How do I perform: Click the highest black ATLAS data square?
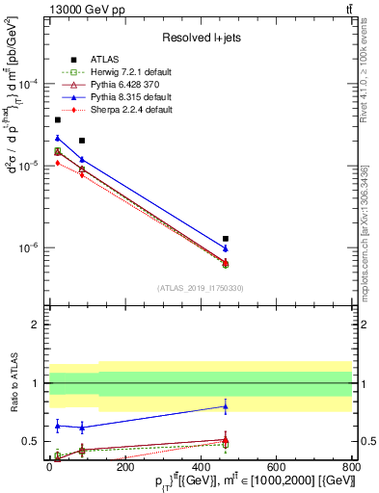point(58,120)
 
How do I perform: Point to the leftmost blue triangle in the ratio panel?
point(58,425)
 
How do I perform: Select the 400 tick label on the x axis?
point(200,464)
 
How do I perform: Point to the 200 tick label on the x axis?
point(124,464)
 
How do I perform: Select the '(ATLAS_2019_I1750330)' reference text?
point(201,287)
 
